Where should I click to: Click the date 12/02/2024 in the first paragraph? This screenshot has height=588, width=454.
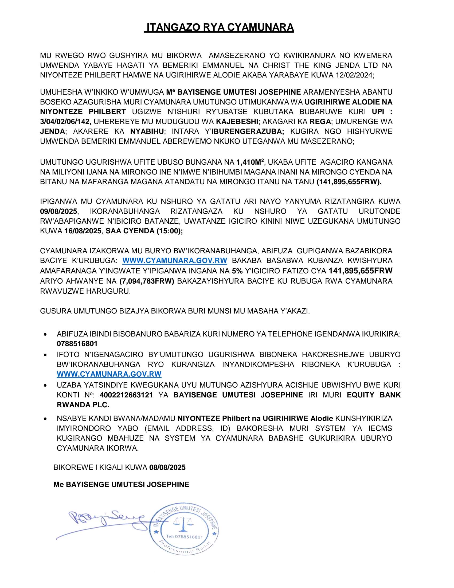coord(354,75)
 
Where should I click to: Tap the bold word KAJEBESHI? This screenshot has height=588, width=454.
coord(237,121)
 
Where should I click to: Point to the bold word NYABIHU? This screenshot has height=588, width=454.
coord(147,131)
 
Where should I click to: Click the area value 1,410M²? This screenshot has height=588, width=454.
coord(250,162)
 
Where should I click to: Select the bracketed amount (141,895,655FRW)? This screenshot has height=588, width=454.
coord(349,182)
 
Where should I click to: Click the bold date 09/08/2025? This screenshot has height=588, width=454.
coord(58,211)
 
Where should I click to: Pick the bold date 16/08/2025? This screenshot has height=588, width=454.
coord(83,231)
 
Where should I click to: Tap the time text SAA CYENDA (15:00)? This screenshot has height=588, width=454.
coord(144,231)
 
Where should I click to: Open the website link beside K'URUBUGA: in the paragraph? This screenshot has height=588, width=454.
coord(175,261)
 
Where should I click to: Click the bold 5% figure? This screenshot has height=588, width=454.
coord(237,270)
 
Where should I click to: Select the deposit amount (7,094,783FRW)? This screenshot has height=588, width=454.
coord(147,281)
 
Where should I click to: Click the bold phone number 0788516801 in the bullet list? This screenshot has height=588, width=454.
coord(77,344)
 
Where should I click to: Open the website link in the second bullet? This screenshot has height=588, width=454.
coord(109,374)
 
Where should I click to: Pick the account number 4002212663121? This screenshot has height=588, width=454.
coord(126,395)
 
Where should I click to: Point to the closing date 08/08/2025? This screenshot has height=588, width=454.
coord(167,467)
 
